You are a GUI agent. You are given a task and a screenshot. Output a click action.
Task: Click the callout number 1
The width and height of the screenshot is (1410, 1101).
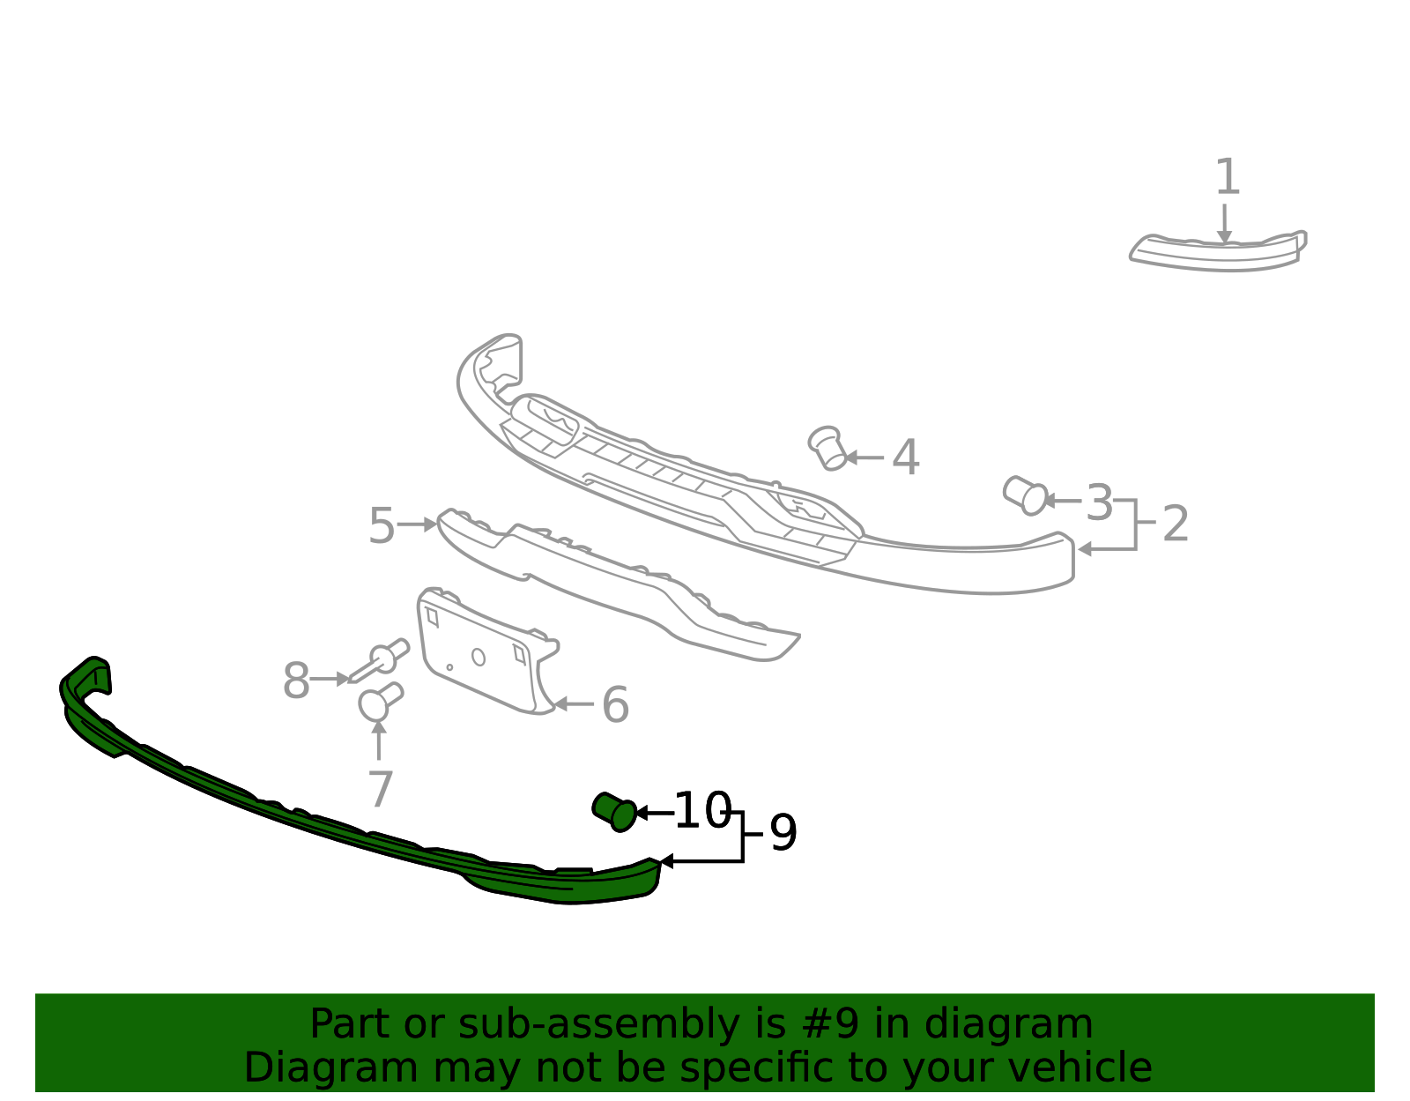click(x=1227, y=176)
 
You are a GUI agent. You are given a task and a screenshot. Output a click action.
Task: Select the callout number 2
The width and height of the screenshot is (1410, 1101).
click(x=1175, y=524)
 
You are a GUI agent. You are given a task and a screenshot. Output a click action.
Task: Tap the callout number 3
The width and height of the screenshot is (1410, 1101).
click(x=1099, y=502)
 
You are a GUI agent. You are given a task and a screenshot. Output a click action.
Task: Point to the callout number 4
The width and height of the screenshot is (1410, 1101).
click(x=906, y=458)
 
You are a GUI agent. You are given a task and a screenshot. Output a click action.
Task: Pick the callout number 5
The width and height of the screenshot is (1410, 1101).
click(x=382, y=525)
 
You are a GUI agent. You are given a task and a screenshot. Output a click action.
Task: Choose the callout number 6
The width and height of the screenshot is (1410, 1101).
click(x=615, y=704)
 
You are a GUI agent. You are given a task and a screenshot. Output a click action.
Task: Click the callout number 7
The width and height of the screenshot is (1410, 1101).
click(x=381, y=789)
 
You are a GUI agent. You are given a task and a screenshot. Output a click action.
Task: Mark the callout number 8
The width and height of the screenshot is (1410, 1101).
click(x=296, y=681)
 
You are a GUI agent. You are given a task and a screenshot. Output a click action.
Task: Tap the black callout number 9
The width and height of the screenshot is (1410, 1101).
click(x=783, y=832)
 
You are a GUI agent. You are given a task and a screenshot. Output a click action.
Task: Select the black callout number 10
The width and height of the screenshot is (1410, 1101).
click(x=703, y=810)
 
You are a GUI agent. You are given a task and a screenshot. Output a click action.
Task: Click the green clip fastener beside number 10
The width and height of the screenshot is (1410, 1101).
click(x=614, y=812)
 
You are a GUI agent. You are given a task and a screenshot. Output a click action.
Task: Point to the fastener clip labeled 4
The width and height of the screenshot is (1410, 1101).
click(x=828, y=448)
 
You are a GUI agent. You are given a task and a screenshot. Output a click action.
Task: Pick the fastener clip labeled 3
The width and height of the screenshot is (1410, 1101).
click(x=1025, y=495)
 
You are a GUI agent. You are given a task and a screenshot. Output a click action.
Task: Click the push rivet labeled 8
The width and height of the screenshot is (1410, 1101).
click(x=380, y=660)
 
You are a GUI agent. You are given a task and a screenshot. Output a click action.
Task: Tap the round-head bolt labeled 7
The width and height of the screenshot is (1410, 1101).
click(x=381, y=702)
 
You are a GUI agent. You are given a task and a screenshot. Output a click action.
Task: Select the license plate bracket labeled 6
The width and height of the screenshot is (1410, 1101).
click(x=486, y=651)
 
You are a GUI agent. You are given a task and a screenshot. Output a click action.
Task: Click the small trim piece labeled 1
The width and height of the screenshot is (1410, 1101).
click(x=1218, y=252)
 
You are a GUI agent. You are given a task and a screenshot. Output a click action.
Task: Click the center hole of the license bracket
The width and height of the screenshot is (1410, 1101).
click(x=479, y=658)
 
